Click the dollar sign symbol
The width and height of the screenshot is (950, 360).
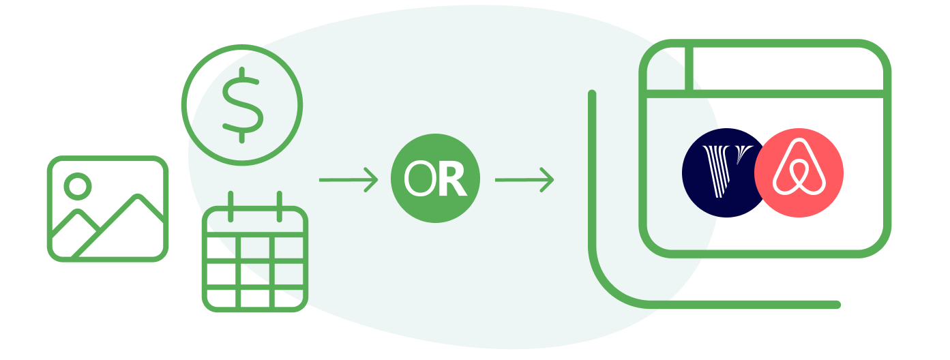tap(242, 105)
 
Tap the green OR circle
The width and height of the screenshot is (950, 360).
tap(435, 178)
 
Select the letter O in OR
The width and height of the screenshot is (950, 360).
tap(419, 179)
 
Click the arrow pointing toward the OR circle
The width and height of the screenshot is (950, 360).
tap(348, 180)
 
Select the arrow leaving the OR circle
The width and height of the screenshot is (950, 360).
tap(524, 180)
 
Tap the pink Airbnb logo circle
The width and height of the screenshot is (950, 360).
tap(799, 172)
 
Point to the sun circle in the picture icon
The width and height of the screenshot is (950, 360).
tap(78, 186)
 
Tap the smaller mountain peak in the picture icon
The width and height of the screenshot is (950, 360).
tap(77, 211)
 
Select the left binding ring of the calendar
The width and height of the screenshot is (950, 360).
tap(231, 207)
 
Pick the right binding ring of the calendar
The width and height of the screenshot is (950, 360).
tap(279, 207)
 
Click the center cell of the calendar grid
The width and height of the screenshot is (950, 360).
tap(255, 274)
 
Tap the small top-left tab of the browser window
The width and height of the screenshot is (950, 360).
tap(666, 69)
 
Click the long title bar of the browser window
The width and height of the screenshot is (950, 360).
tap(788, 69)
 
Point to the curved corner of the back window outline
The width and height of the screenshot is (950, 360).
tap(611, 285)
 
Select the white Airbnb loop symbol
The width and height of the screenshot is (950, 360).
tap(799, 166)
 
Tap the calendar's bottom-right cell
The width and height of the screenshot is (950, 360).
tap(288, 298)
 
